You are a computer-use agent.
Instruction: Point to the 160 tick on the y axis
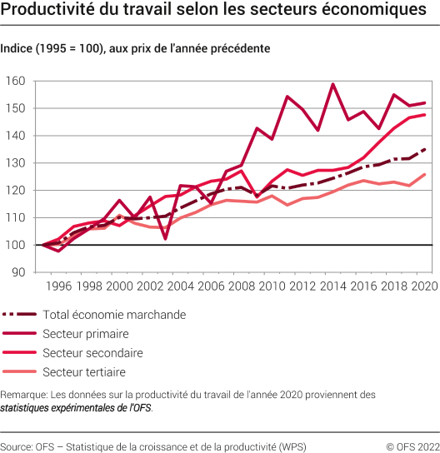tap(16, 82)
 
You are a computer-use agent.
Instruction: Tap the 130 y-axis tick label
tap(16, 163)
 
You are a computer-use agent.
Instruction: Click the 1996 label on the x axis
tap(57, 286)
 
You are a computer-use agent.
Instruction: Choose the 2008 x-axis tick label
tap(242, 286)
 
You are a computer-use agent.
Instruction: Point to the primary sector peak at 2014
tap(333, 84)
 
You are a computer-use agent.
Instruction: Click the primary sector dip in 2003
tap(165, 239)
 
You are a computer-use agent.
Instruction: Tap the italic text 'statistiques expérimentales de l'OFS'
tap(76, 408)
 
